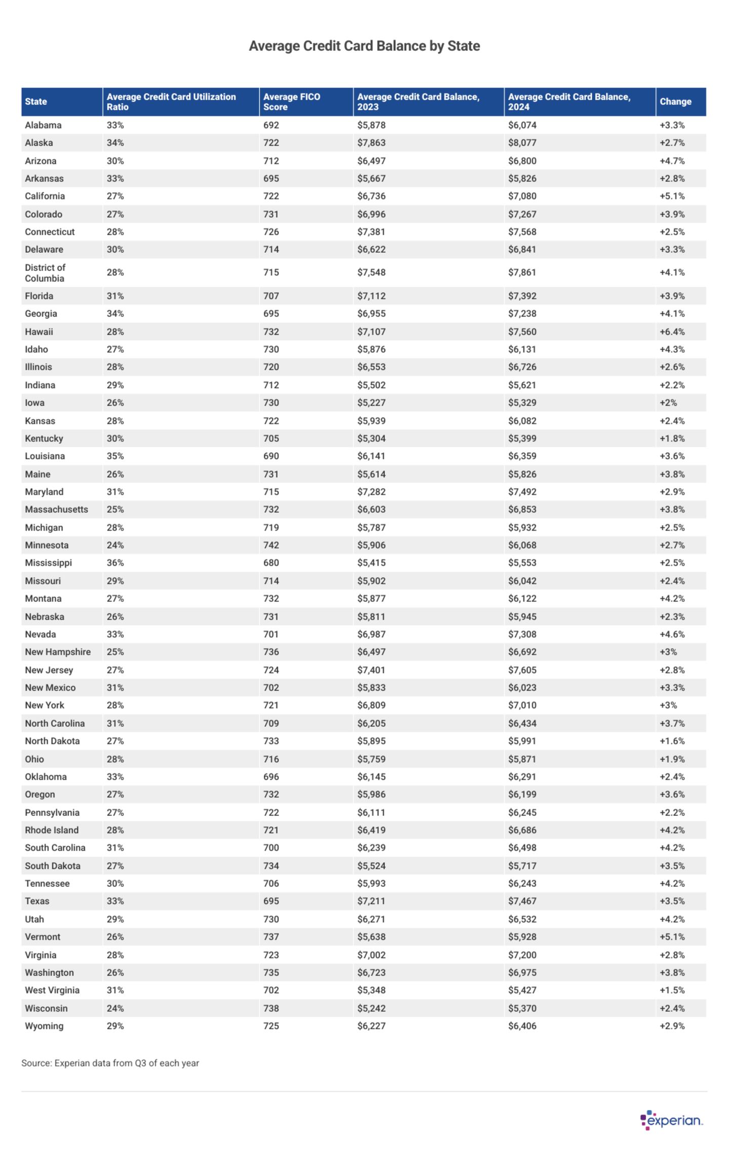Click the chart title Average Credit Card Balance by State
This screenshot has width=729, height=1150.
364,46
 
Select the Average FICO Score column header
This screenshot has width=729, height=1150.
292,102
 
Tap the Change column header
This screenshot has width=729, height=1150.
675,102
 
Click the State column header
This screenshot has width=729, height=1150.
36,102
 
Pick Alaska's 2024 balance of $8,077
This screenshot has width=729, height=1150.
522,143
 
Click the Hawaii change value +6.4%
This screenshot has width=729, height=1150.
672,332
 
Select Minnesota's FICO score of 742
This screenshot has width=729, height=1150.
271,545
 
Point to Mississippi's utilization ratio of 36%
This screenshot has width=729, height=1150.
115,563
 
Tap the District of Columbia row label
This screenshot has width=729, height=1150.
45,273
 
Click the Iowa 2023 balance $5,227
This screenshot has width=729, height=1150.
371,403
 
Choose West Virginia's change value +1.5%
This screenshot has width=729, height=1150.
672,990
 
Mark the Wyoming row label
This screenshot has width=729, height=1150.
44,1026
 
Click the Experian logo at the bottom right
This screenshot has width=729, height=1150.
671,1120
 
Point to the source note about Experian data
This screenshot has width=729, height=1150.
110,1063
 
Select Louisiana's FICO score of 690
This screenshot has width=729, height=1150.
271,456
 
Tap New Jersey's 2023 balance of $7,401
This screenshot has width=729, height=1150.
371,670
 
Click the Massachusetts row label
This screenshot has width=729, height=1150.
56,509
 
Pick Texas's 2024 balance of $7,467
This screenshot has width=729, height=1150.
522,901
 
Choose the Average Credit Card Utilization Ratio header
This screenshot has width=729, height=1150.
171,102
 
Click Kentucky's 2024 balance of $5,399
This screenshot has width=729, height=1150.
522,439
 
